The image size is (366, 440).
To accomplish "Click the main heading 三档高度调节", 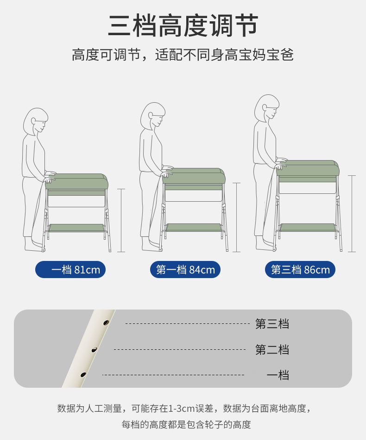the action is point(183,26).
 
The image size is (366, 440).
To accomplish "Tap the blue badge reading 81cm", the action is point(70,270).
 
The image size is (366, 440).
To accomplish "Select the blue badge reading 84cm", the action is point(185,270).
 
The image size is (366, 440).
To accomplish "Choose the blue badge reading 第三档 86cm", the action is point(300,270).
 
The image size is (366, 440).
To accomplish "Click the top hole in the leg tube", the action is point(106,322).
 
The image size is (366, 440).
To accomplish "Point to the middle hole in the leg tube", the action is point(94,350).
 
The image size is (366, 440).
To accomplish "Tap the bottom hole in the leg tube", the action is point(83,375).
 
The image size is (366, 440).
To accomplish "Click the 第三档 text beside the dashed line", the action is point(272,324).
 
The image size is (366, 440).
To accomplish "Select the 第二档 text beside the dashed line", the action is point(272,350).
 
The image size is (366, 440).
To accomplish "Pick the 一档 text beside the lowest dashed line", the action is point(278,375).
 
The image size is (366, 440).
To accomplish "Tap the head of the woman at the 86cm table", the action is point(267,108).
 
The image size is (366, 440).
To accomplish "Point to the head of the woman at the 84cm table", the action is point(153,116).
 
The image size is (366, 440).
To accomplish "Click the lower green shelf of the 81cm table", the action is point(77,228).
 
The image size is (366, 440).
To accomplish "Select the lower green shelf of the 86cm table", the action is point(308,227).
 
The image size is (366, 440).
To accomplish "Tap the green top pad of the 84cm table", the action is point(194,176).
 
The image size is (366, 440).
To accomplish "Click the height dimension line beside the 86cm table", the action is point(352,214).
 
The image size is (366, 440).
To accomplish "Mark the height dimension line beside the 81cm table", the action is point(121,221).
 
